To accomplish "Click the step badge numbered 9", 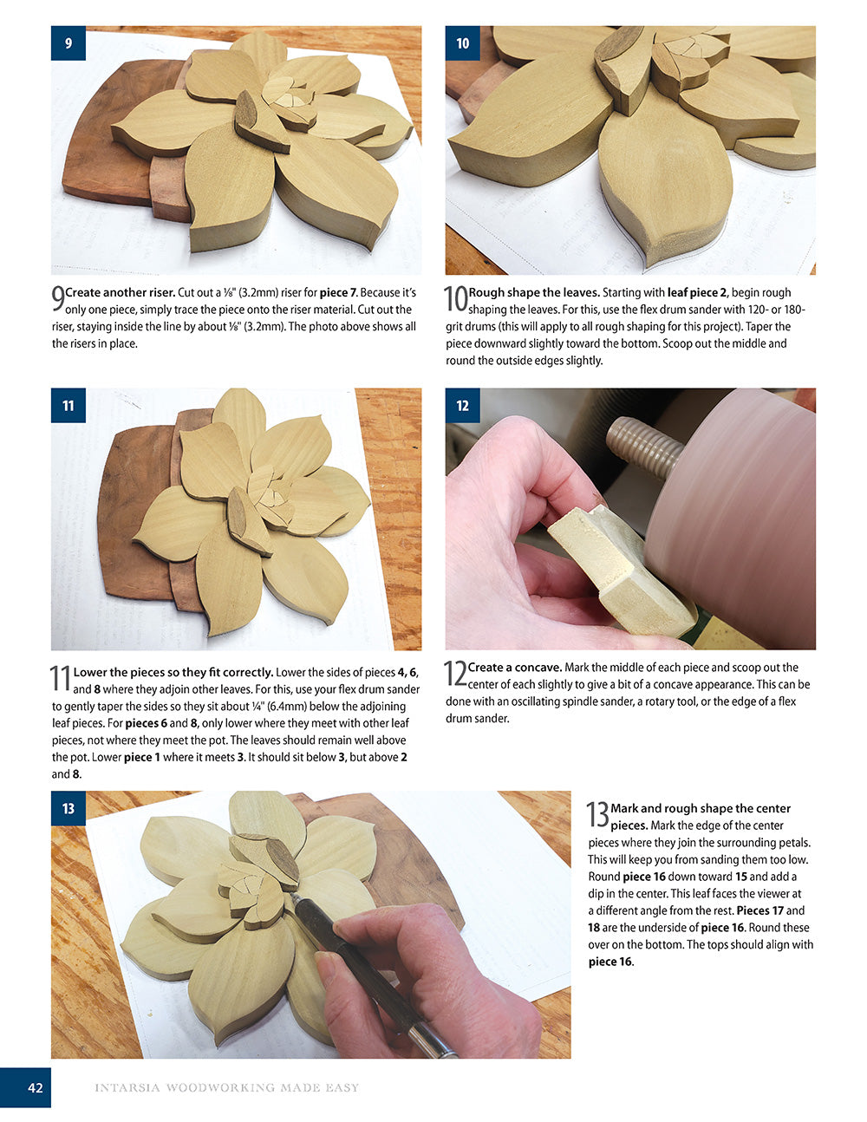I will click(68, 42).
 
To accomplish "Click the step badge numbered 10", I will click(463, 42).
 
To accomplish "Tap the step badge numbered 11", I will click(68, 405).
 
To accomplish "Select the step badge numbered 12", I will click(463, 405).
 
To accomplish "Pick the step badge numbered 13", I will click(68, 808).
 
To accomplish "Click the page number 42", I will click(35, 1087).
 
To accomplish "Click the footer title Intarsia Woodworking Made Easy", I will click(226, 1087).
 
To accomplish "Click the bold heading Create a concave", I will click(514, 668).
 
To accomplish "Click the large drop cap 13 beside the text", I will click(597, 815).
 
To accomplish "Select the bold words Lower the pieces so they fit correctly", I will click(173, 672).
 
